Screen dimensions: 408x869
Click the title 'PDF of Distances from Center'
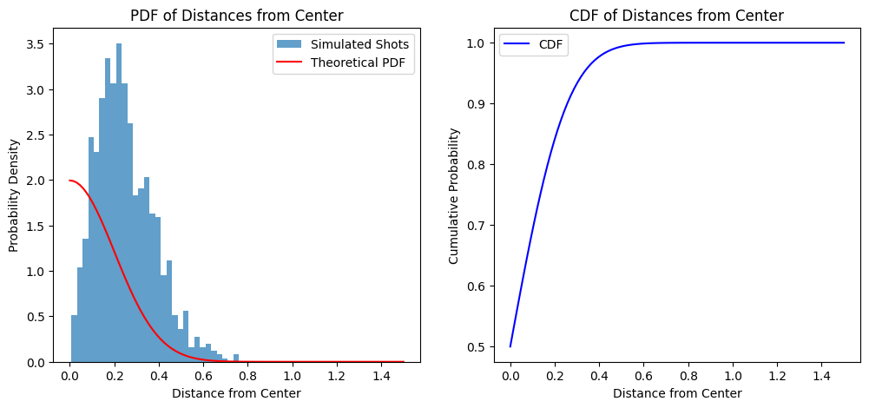[x=235, y=15]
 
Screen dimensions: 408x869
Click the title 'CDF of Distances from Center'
[x=676, y=15]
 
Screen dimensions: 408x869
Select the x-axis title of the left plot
[x=236, y=393]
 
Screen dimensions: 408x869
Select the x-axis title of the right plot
[x=677, y=393]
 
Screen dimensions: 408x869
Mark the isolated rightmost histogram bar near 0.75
[x=235, y=358]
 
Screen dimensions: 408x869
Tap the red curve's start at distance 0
[x=70, y=181]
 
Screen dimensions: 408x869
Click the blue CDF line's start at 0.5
[x=510, y=345]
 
